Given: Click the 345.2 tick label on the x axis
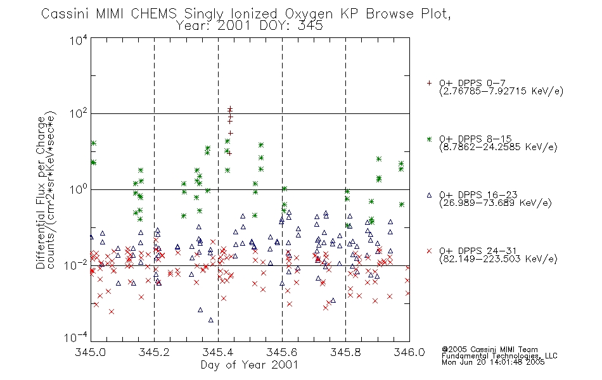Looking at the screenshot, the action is [x=154, y=352].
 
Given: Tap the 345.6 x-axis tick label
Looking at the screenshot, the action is [x=282, y=352].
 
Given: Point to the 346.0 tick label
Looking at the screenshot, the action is [x=409, y=352].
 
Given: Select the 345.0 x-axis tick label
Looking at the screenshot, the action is [x=91, y=352].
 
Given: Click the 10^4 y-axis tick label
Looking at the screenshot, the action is [x=79, y=40].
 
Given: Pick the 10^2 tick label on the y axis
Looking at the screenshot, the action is [x=79, y=113].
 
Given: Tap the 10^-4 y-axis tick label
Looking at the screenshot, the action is [x=76, y=337].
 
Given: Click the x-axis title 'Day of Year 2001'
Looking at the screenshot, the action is [x=250, y=365].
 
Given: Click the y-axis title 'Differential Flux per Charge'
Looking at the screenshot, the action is [x=41, y=193].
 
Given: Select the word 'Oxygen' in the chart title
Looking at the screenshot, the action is [x=309, y=14].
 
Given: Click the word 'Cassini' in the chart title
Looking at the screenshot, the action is [x=66, y=14].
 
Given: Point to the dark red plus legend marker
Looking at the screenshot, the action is [x=429, y=83].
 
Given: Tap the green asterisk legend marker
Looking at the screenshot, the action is [x=429, y=139].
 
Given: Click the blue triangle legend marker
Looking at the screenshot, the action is [x=429, y=195].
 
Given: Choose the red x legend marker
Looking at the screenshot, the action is [x=429, y=251].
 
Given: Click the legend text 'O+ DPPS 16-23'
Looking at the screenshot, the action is [x=478, y=194].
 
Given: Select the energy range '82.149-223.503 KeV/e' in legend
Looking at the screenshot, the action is [x=498, y=259].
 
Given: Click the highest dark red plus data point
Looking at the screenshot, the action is [x=230, y=109].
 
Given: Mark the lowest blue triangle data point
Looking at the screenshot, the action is [x=211, y=320].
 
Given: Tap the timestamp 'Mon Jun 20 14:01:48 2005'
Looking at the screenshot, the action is [x=493, y=362].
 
